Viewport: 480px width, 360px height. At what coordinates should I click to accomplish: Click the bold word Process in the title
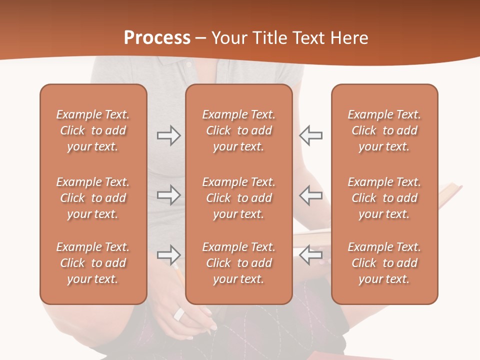[157, 38]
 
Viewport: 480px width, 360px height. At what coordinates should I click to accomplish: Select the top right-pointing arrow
[168, 135]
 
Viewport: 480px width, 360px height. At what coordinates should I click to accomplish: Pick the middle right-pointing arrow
[168, 195]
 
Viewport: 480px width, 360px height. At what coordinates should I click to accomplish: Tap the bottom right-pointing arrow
[168, 255]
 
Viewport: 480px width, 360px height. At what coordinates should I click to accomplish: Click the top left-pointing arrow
[311, 135]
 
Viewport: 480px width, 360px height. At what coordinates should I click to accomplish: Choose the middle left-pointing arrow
[311, 195]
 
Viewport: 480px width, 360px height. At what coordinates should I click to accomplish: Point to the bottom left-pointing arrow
[311, 255]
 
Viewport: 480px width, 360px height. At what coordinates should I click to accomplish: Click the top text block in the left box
[93, 130]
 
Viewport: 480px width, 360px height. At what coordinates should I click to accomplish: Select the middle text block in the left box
[93, 198]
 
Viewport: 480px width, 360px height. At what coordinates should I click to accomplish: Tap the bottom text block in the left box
[93, 263]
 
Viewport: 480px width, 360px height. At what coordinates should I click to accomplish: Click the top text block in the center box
[238, 130]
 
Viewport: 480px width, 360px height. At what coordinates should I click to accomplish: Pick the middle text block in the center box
[238, 198]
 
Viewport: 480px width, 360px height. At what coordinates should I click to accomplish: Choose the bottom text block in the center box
[238, 263]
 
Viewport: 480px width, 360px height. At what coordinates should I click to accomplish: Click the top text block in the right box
[384, 130]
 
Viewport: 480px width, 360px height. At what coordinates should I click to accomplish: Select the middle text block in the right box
[384, 198]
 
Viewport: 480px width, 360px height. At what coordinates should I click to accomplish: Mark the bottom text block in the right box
[384, 263]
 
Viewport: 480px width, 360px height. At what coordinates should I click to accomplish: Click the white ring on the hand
[179, 314]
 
